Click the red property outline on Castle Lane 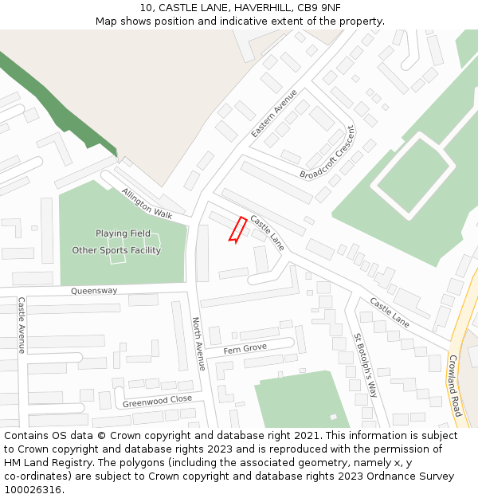pyautogui.click(x=237, y=229)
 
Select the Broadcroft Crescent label pyautogui.click(x=327, y=152)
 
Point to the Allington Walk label pyautogui.click(x=147, y=203)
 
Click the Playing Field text pyautogui.click(x=123, y=233)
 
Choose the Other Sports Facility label pyautogui.click(x=116, y=250)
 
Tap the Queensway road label pyautogui.click(x=94, y=291)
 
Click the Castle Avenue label pyautogui.click(x=22, y=325)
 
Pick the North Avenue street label pyautogui.click(x=198, y=343)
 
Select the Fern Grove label pyautogui.click(x=245, y=349)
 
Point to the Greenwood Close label pyautogui.click(x=157, y=400)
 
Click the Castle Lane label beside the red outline pyautogui.click(x=267, y=232)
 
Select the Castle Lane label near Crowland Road pyautogui.click(x=390, y=312)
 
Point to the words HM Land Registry pyautogui.click(x=47, y=462)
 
